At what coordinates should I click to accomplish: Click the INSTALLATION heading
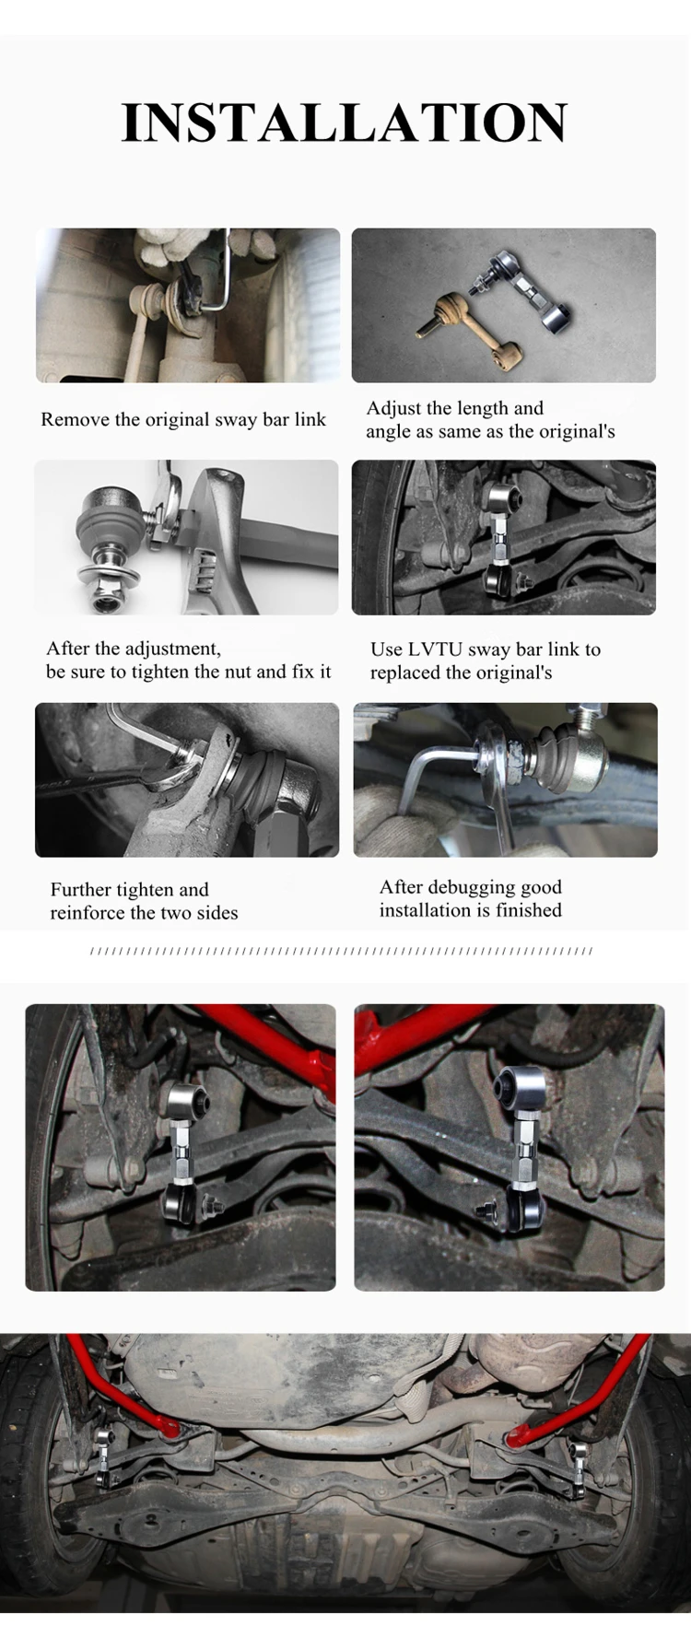[x=345, y=123]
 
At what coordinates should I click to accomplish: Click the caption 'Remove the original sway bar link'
[x=183, y=419]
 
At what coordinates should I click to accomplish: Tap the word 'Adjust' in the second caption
[x=394, y=408]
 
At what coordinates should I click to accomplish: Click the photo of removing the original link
[x=188, y=305]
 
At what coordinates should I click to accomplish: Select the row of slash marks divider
[x=343, y=951]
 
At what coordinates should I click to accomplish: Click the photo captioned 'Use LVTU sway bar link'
[x=504, y=537]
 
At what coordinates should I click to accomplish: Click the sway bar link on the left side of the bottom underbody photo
[x=106, y=1455]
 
